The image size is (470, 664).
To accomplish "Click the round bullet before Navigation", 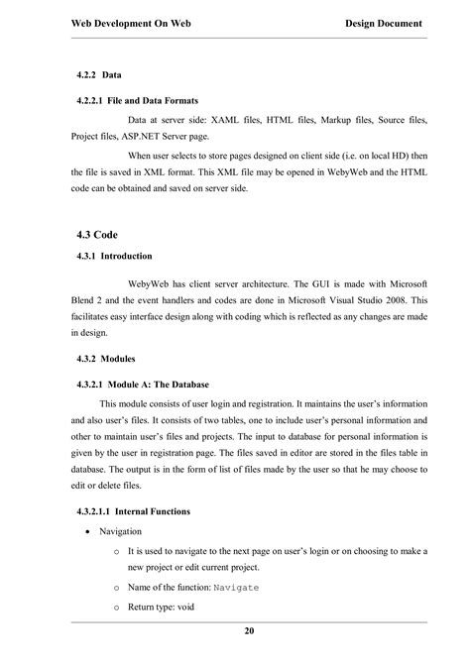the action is pyautogui.click(x=89, y=532).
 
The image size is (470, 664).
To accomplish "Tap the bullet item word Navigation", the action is pyautogui.click(x=121, y=532).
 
